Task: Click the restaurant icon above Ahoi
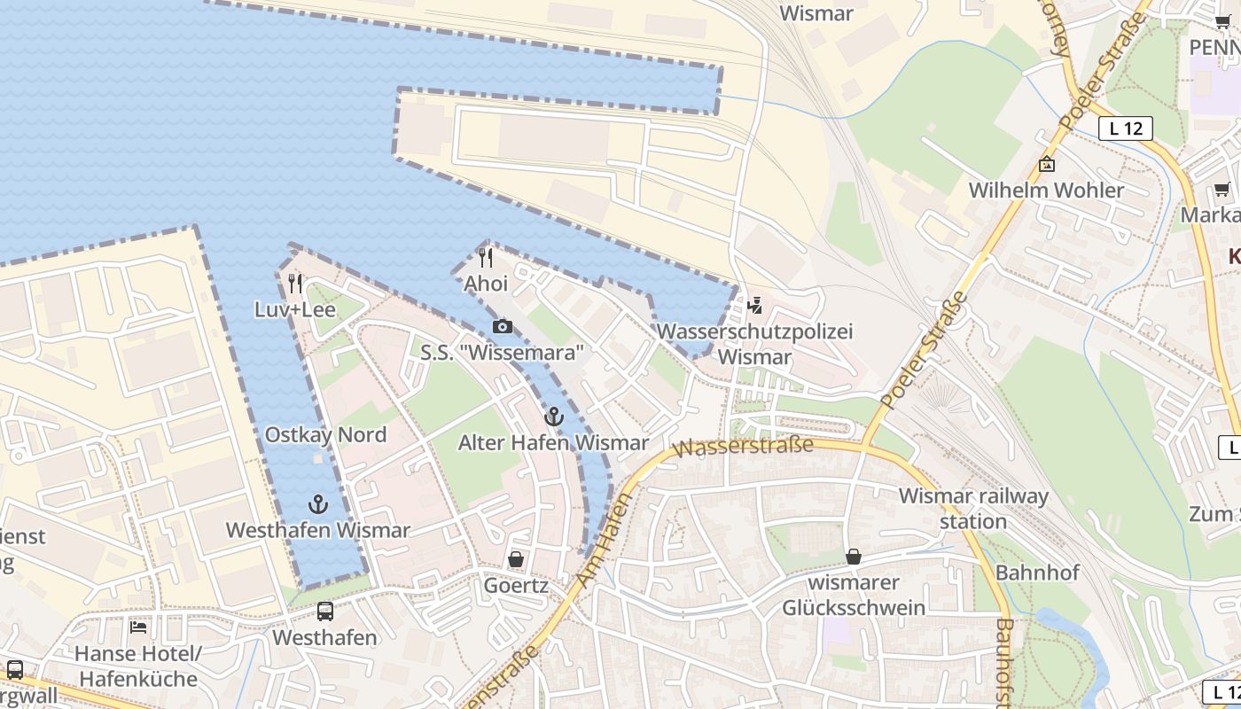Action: pos(486,258)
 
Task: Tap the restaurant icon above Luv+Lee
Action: pos(295,284)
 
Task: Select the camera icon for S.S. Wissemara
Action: pos(503,327)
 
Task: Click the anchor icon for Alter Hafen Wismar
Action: pos(554,417)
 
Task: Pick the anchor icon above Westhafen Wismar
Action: pos(317,505)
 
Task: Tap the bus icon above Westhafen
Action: pos(325,612)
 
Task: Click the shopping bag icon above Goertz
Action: pos(516,559)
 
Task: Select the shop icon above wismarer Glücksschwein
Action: pos(854,557)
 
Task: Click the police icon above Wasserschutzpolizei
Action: pos(754,306)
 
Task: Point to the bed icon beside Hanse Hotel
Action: pos(138,627)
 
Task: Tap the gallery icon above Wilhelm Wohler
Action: pos(1047,164)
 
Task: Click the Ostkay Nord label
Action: pos(325,435)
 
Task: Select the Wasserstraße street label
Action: pos(743,446)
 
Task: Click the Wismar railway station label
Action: pos(973,509)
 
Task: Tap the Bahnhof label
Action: pos(1037,573)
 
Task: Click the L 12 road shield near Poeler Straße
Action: pos(1126,129)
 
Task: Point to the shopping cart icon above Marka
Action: pos(1222,189)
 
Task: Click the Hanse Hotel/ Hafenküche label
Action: pos(138,666)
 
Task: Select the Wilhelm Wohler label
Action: pos(1046,191)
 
